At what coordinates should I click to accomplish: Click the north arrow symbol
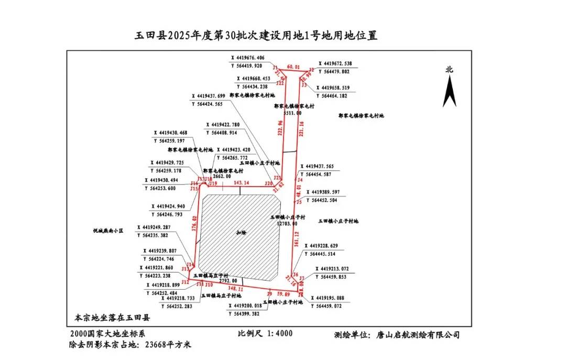[x=449, y=91]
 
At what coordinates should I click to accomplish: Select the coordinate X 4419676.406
[x=248, y=58]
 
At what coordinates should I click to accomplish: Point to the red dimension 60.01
[x=293, y=67]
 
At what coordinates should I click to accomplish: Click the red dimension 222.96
[x=280, y=128]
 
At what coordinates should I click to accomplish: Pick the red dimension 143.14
[x=241, y=182]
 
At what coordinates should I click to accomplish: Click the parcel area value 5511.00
[x=292, y=113]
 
